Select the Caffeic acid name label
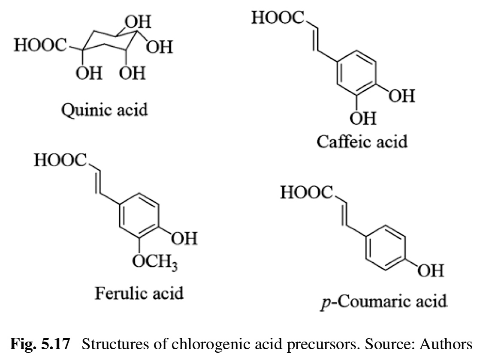tap(362, 141)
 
